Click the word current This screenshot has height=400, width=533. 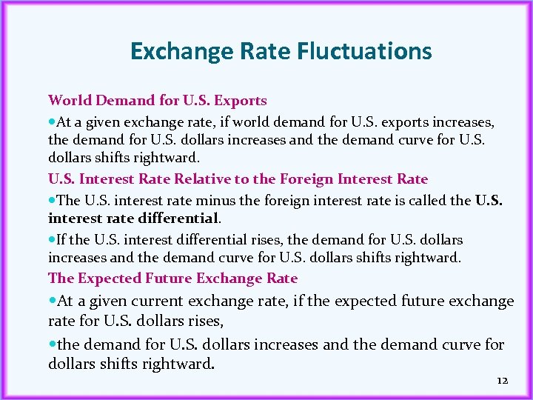click(x=154, y=301)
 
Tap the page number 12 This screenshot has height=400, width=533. click(x=503, y=380)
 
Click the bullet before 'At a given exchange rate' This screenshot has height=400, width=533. click(x=52, y=121)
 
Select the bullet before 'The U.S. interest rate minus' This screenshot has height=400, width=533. click(x=52, y=200)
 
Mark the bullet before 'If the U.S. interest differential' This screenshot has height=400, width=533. click(x=52, y=240)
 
